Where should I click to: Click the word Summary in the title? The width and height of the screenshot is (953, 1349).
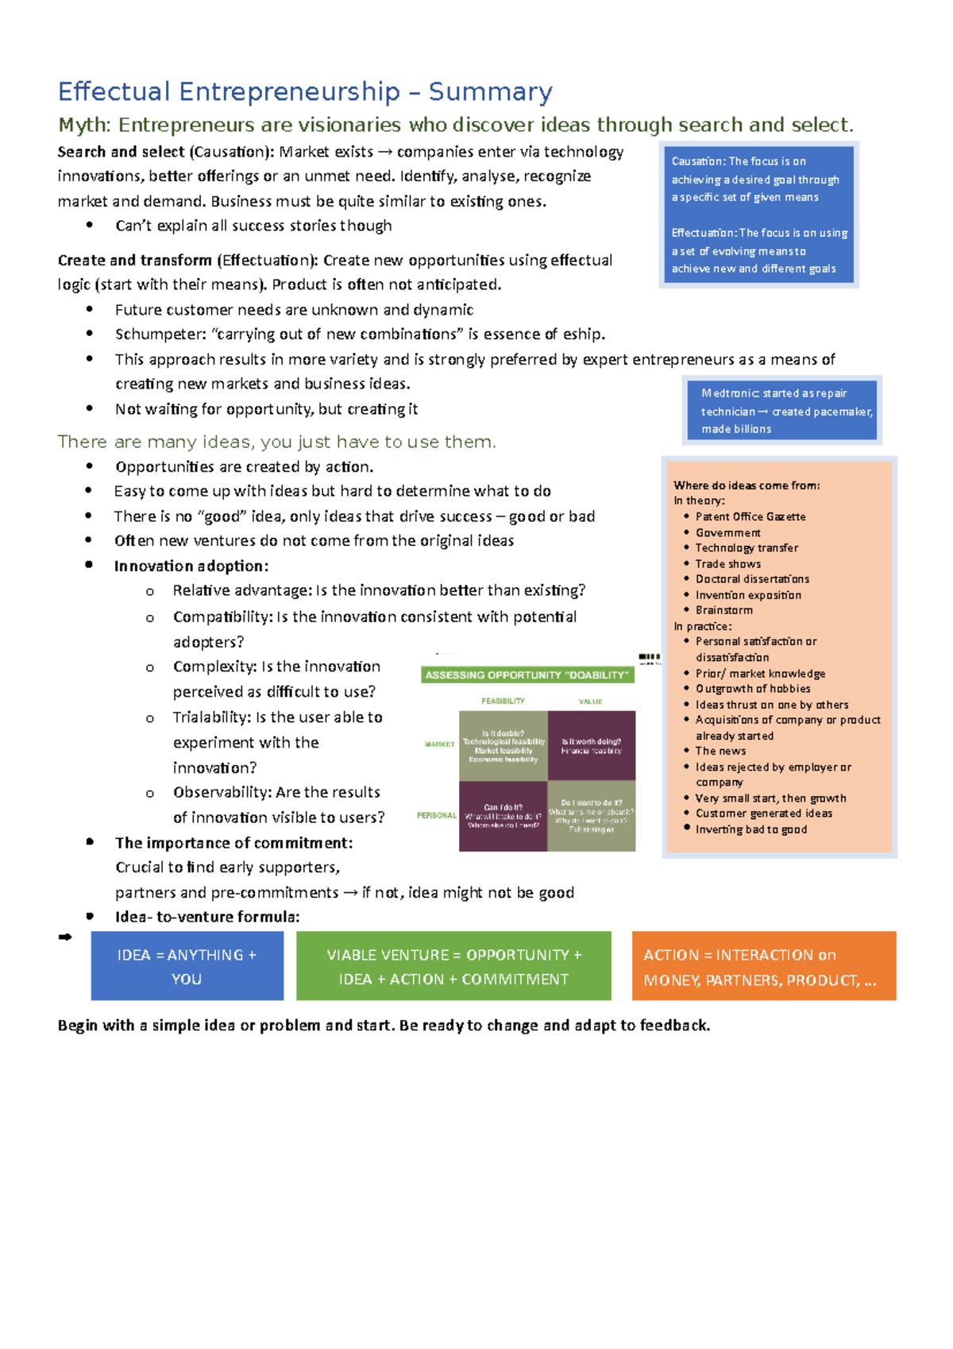coord(490,92)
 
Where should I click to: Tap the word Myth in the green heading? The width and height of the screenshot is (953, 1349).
coord(85,126)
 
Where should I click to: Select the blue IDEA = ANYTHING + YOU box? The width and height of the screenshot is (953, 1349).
coord(187,966)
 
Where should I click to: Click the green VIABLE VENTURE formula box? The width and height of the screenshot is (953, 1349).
coord(453,966)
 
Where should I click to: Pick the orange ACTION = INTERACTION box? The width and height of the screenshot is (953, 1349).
coord(763,966)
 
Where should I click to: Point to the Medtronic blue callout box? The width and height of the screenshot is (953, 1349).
coord(783,410)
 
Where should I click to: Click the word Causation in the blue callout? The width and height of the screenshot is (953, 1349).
coord(697,161)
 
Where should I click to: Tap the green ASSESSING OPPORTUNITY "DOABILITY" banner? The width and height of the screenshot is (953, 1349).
coord(527,675)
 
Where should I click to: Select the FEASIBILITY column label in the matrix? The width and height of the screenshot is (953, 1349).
coord(503,701)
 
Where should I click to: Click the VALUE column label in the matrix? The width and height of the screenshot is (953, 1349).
coord(590,702)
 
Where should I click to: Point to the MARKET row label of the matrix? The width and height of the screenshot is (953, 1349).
coord(439,744)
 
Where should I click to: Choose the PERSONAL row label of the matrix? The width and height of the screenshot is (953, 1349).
coord(437,815)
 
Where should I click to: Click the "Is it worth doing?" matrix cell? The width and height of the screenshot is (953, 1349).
coord(591,745)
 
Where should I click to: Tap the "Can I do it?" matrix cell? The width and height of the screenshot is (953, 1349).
coord(503,816)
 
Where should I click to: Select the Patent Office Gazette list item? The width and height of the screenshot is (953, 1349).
coord(750,516)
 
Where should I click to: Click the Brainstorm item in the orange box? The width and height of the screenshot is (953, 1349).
coord(723,610)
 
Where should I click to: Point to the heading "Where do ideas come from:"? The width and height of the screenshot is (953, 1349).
coord(747,485)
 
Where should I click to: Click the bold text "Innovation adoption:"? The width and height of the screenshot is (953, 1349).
coord(191,566)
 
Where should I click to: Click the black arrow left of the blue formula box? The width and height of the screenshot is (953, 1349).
coord(65,937)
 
